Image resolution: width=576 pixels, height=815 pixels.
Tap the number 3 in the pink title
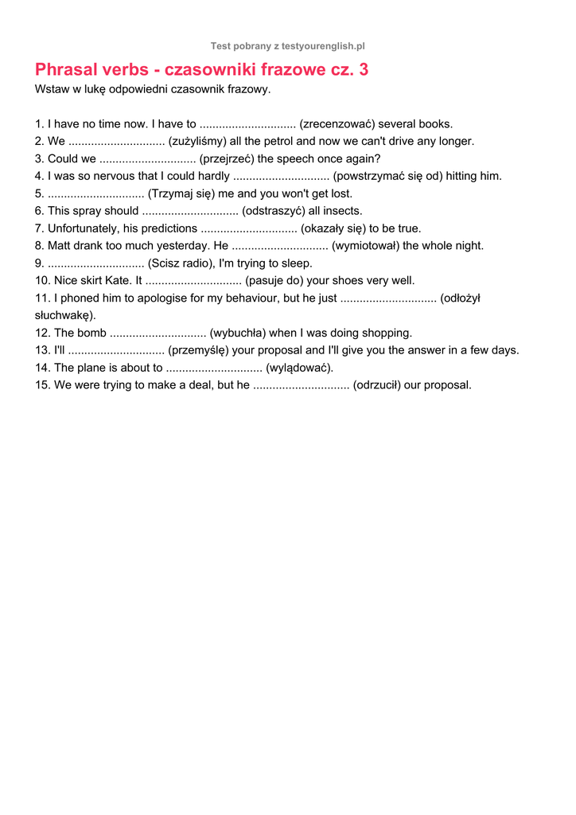(x=364, y=70)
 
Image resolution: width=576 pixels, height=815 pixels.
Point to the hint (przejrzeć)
(x=228, y=159)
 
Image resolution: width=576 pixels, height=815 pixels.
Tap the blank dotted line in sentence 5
(x=95, y=194)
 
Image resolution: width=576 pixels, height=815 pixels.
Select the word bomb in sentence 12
(x=91, y=333)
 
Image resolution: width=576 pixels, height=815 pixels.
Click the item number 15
(x=42, y=385)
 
